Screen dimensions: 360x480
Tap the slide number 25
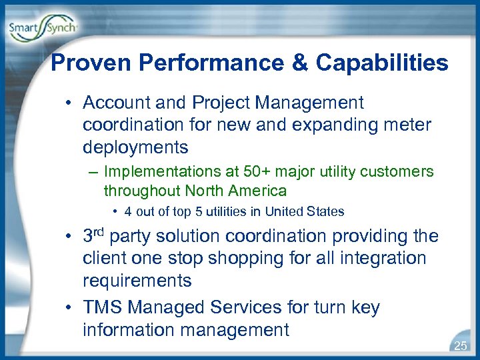pos(460,345)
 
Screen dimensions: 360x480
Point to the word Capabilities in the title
pos(381,63)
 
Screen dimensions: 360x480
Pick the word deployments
pos(135,147)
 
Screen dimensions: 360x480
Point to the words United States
pos(304,212)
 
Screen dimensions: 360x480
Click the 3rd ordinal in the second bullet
pos(93,235)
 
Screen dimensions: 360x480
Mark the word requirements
pos(137,281)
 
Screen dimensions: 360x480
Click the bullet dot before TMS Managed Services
pos(69,307)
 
